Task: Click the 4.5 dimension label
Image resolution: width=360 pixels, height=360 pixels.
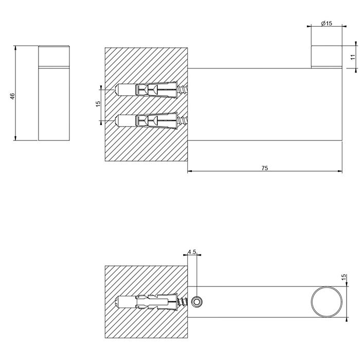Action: click(192, 252)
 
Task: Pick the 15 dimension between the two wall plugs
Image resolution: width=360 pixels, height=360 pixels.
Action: click(98, 104)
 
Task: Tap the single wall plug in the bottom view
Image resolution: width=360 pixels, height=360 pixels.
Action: click(149, 301)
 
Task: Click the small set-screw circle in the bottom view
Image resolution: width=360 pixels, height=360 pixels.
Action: click(196, 301)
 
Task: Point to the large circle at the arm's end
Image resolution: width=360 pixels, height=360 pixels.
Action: click(326, 301)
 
